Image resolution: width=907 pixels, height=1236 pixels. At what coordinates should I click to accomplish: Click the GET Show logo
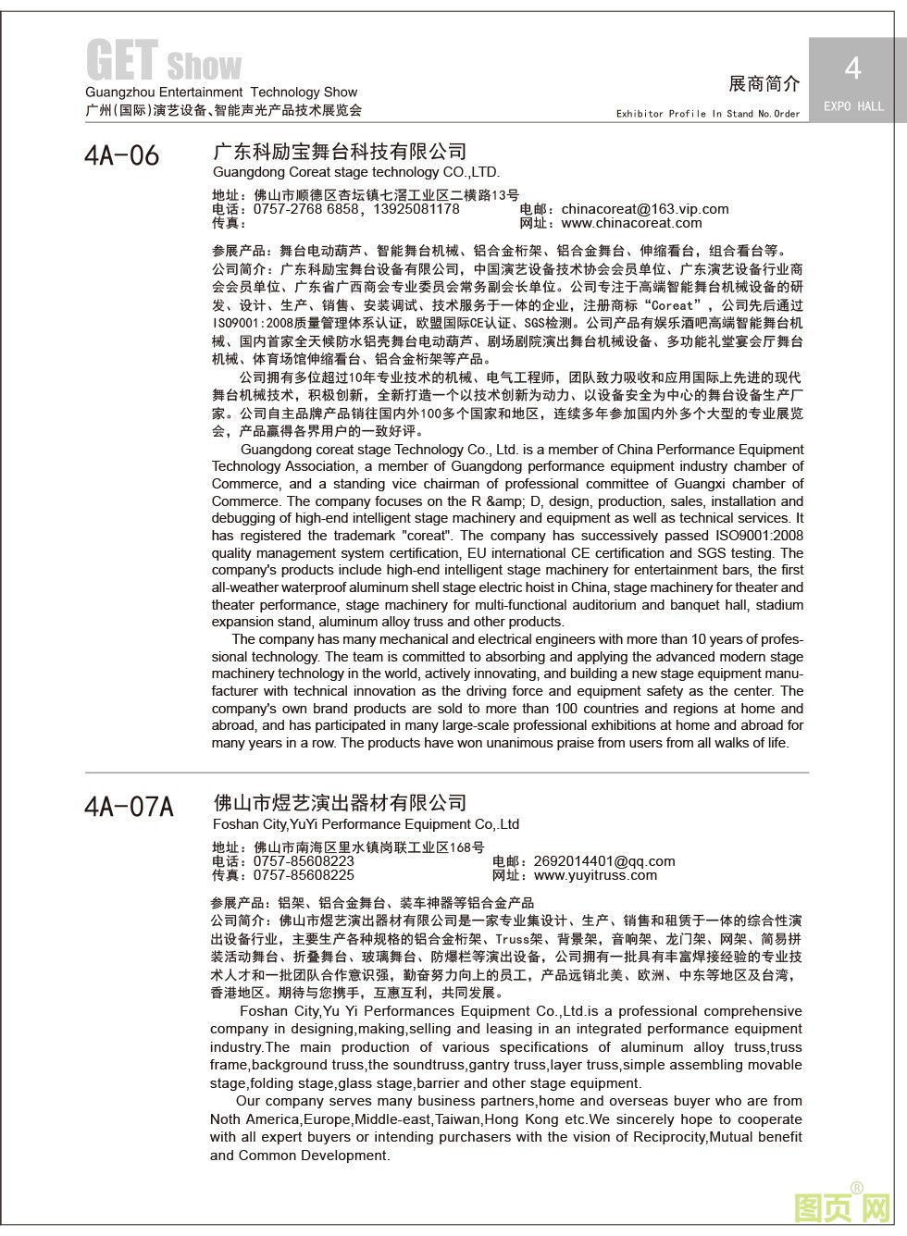(164, 61)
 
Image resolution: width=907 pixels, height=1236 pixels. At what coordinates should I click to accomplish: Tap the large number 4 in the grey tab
(852, 68)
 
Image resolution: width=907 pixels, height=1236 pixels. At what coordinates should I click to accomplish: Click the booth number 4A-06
(121, 155)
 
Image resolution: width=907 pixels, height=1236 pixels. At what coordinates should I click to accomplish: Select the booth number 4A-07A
(129, 807)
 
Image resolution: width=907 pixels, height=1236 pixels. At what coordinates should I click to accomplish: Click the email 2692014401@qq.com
(604, 861)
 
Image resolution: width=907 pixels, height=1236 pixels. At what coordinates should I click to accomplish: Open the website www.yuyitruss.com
(595, 875)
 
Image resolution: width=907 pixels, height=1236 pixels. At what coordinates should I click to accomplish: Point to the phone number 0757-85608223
(304, 861)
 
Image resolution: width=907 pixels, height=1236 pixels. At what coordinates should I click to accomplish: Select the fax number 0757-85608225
(304, 875)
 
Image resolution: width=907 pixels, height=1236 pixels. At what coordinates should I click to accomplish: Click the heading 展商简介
(764, 83)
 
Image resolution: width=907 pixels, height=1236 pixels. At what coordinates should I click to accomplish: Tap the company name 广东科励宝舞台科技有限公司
(340, 152)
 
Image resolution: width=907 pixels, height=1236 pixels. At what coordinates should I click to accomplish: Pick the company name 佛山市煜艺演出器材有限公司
(340, 803)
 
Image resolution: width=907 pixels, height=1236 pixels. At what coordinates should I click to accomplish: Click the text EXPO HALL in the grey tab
(853, 106)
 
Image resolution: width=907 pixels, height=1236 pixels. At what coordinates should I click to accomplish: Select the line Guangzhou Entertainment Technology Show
(221, 93)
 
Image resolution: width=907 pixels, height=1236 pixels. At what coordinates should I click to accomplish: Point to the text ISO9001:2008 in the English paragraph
(760, 536)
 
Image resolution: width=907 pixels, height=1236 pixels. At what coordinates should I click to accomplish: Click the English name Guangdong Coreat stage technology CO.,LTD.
(355, 172)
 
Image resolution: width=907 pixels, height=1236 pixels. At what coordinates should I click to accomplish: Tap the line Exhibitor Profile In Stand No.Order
(708, 114)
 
